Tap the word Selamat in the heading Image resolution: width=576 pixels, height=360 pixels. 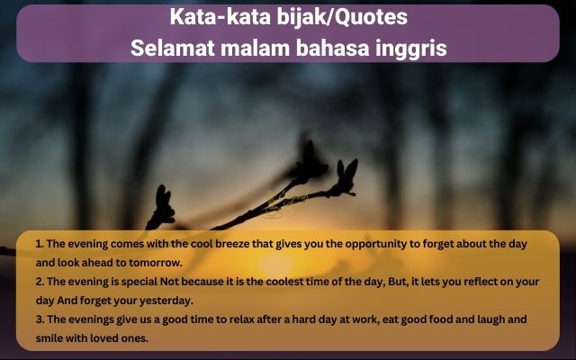(173, 48)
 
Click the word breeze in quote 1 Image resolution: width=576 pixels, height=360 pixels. (232, 244)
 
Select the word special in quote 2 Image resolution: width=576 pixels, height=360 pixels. (139, 282)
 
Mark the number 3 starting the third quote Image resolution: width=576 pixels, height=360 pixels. (40, 319)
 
